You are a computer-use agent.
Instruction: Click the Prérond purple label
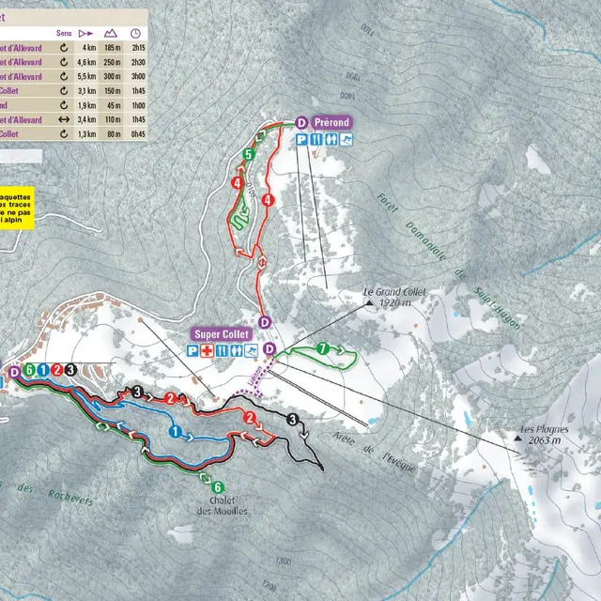331,122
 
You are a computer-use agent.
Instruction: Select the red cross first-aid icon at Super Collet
207,351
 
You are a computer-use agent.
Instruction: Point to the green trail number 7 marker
322,349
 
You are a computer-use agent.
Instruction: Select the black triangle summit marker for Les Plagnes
522,435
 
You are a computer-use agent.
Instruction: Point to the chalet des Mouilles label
218,505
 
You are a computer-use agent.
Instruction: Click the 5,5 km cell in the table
89,76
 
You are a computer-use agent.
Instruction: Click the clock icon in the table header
136,31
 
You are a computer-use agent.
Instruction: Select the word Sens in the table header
64,31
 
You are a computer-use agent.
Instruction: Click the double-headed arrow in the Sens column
64,119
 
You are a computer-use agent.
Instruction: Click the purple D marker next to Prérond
301,122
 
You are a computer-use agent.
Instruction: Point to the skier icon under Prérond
347,140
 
